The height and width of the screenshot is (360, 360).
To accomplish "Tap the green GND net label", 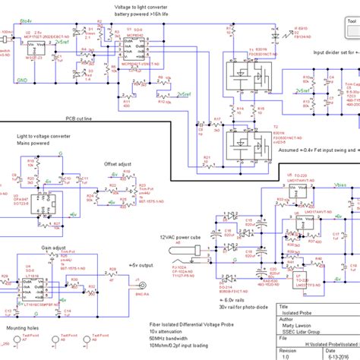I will pos(23,78).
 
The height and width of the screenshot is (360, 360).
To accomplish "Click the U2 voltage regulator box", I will pos(34,48).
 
